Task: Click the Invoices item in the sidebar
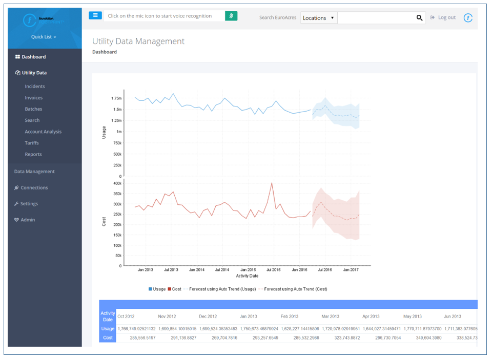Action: point(34,98)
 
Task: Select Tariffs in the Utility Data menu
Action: point(32,143)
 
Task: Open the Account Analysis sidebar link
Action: point(43,132)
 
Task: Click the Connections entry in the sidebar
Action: point(34,188)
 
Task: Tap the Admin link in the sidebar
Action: point(28,220)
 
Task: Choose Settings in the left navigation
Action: point(29,204)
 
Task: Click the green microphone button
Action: point(232,16)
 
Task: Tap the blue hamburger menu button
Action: point(95,16)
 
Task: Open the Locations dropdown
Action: point(318,18)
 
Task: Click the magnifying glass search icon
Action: point(419,18)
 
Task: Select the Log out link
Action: point(446,17)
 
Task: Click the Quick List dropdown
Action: point(44,37)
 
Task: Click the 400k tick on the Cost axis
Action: point(117,183)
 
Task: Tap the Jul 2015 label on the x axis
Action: point(273,270)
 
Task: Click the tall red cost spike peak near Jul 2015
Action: point(272,183)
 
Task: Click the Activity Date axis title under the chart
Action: point(247,276)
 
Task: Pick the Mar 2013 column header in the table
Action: point(331,316)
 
